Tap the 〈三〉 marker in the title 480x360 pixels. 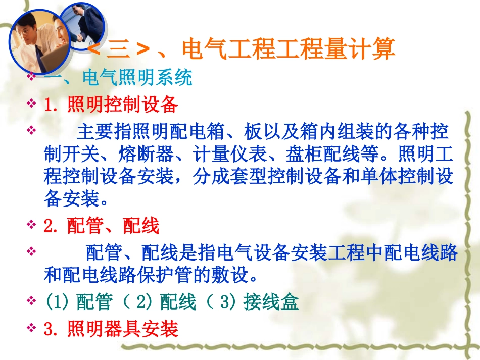[x=120, y=50]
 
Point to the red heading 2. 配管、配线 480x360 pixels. [x=102, y=226]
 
